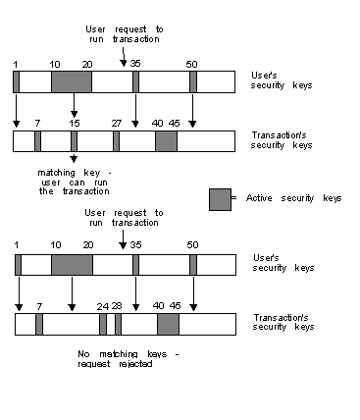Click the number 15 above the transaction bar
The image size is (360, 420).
coord(75,123)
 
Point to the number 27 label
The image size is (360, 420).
coord(116,123)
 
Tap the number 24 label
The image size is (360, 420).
coord(102,305)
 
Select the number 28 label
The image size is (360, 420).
coord(118,305)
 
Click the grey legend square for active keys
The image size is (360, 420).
coord(220,198)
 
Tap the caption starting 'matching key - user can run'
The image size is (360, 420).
coord(74,181)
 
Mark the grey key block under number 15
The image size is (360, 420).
coord(74,142)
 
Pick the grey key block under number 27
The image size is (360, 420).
coord(116,142)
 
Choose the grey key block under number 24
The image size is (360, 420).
coord(103,325)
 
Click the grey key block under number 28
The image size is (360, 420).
coord(118,325)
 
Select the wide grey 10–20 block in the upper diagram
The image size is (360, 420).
coord(72,81)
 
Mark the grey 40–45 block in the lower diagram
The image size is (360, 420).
coord(168,325)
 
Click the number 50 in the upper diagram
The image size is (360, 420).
coord(193,62)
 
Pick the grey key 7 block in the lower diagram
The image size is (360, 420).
coord(39,325)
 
